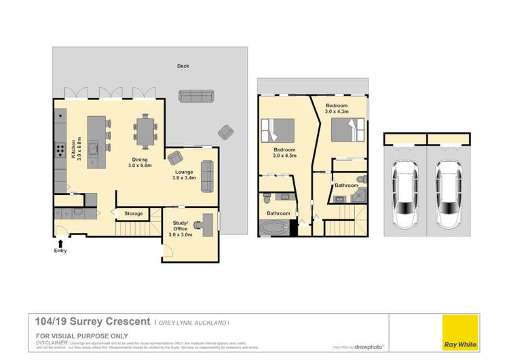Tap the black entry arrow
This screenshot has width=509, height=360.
(x=62, y=241)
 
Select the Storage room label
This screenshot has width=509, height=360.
(x=133, y=214)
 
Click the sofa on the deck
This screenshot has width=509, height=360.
(x=195, y=96)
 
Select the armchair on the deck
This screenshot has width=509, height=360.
(x=225, y=131)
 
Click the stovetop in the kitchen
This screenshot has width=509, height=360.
(x=60, y=149)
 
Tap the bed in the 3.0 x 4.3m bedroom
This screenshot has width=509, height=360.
(x=348, y=129)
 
